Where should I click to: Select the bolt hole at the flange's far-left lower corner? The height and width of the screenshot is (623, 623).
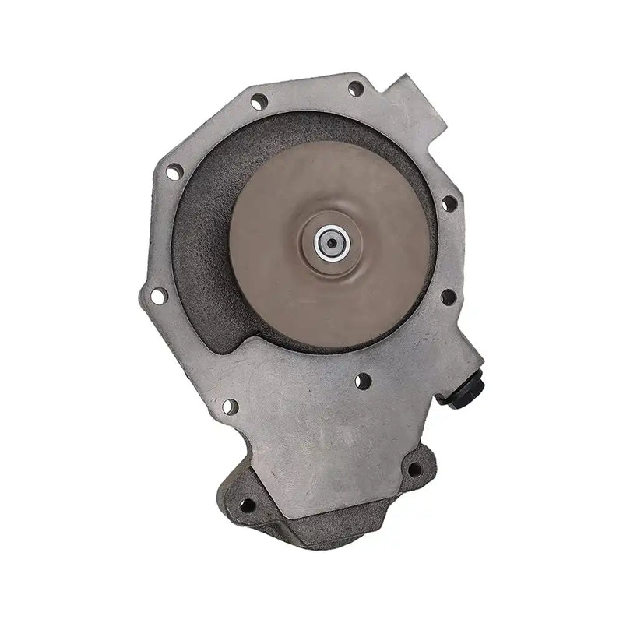(158, 296)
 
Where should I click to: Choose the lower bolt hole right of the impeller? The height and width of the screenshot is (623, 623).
(448, 297)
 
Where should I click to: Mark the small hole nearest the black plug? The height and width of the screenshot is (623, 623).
(362, 381)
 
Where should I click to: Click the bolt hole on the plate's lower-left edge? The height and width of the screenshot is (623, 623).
(230, 407)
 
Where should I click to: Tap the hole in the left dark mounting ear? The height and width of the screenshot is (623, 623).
(248, 505)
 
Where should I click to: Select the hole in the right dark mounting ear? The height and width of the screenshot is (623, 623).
(414, 470)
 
